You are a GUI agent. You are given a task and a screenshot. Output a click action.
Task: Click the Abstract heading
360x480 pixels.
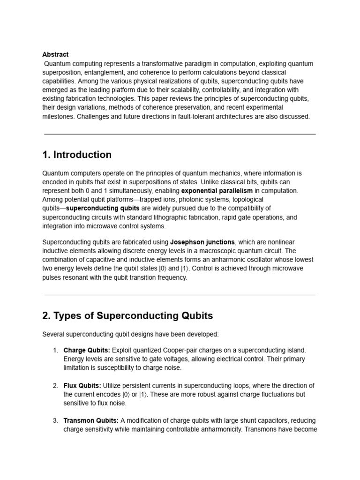point(55,54)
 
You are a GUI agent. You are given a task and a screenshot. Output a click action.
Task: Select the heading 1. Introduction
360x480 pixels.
point(77,155)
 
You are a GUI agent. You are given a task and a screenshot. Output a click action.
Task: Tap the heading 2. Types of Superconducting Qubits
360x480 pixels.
point(127,315)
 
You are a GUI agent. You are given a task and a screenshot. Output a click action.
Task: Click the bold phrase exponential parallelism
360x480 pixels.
point(217,191)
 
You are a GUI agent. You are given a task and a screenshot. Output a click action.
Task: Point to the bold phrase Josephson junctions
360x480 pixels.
point(202,242)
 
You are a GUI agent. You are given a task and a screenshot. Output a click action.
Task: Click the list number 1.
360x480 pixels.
point(55,350)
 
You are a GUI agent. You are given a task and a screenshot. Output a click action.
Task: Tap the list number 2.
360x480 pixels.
point(55,385)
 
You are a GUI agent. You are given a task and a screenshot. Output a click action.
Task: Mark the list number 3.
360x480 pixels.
point(55,420)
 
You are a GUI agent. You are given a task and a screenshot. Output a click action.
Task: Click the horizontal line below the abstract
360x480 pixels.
point(180,134)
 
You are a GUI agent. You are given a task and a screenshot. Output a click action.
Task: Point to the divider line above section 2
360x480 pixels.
point(180,295)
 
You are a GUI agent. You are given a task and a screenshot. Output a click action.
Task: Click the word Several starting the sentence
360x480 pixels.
point(54,334)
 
